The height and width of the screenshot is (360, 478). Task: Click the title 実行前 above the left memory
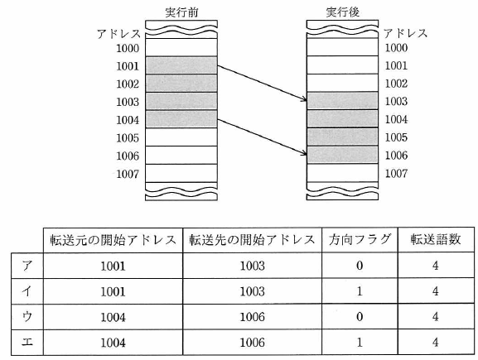coord(181,12)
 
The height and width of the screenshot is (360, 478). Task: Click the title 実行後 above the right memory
coord(343,12)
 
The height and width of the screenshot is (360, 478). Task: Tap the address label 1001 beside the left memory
coord(128,66)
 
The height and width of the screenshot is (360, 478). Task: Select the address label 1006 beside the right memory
coord(396,156)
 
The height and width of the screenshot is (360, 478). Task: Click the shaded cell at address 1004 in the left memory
coord(181,119)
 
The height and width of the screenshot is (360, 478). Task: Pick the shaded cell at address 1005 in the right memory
coord(342,137)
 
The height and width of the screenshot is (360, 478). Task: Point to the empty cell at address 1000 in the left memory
coord(181,47)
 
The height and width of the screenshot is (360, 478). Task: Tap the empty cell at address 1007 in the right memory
coord(342,173)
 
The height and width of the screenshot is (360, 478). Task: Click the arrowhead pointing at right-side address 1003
coord(304,98)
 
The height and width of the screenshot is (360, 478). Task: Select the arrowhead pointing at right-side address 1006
coord(304,153)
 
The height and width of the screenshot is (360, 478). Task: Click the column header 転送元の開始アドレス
coord(113,240)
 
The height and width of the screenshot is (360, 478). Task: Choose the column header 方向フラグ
coord(360,239)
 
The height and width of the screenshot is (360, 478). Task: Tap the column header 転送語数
coord(436,239)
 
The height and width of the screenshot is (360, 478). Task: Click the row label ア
coord(27,266)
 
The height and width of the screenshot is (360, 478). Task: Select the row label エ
coord(27,343)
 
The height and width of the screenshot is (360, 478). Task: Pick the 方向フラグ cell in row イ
coord(360,291)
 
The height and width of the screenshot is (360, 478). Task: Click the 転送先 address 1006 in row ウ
coord(252,317)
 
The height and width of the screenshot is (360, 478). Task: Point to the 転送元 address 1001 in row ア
coord(113,266)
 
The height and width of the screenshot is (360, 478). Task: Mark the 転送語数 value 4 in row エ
coord(436,343)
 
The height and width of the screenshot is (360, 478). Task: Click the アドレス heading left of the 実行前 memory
coord(118,33)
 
